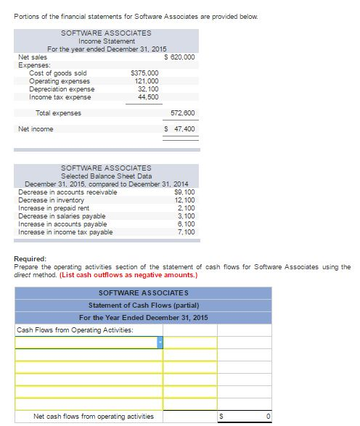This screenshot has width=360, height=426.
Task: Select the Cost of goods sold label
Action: point(57,73)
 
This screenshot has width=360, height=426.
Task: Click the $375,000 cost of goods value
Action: point(144,73)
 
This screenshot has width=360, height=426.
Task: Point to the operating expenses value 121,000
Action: point(147,81)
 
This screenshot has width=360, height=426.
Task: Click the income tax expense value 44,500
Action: point(148,97)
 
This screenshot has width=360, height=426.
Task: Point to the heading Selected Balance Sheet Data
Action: point(106,176)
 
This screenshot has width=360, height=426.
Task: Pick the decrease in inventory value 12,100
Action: point(184,200)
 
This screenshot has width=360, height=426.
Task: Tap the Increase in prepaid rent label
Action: point(54,208)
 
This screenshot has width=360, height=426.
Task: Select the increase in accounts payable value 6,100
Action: point(186,224)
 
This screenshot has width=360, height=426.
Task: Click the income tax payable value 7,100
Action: point(186,232)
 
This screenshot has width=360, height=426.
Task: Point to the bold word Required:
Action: point(30,259)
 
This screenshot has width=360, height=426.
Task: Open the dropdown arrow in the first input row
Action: point(160,343)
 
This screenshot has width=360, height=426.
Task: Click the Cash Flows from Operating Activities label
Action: point(75,330)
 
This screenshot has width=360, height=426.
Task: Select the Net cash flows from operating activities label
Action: point(94,417)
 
